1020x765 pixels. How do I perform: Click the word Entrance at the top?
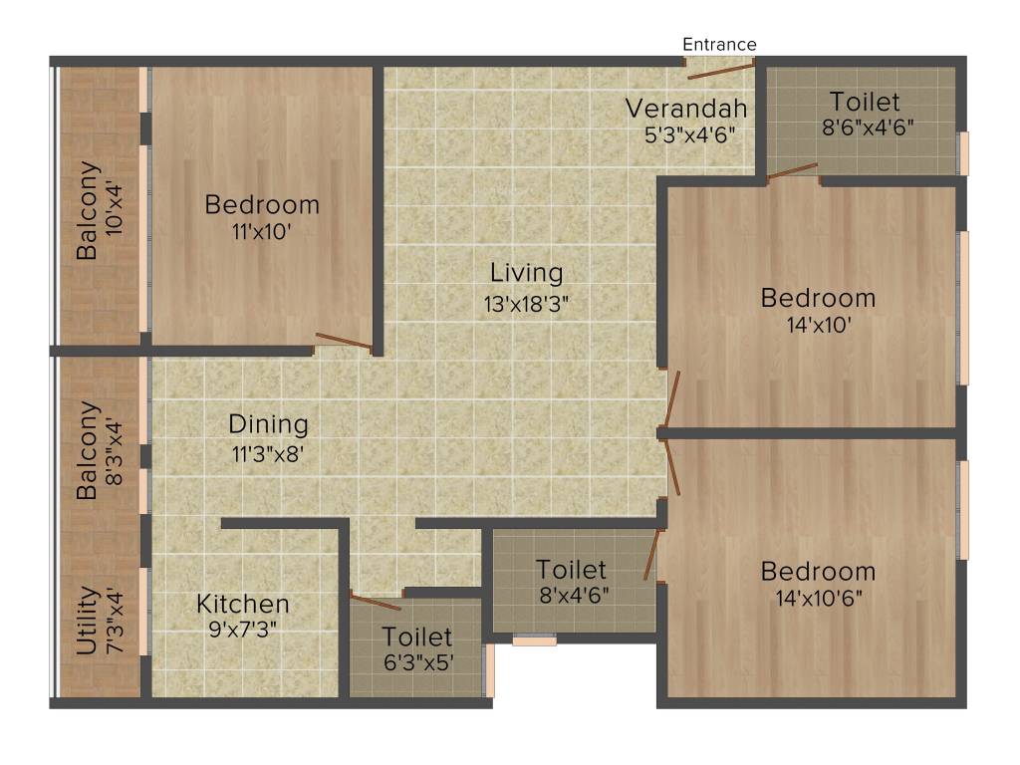point(719,44)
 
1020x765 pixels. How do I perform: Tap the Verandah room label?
point(686,107)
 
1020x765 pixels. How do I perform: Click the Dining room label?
point(269,424)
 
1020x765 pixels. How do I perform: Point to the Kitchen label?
point(243,604)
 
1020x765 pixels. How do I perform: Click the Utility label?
point(88,621)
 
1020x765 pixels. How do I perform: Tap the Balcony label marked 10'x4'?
point(89,210)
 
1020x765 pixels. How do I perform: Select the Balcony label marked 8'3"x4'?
point(89,450)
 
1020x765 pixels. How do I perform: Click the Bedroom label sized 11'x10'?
point(262,205)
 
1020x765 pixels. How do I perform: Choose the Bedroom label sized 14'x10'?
point(818,298)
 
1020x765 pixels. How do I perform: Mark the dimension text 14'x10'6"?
point(818,599)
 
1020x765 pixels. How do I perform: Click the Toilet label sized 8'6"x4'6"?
point(865,101)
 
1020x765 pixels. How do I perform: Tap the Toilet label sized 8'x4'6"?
point(571,569)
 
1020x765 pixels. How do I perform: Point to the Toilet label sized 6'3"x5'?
point(416,636)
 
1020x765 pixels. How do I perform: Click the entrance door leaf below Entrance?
point(721,71)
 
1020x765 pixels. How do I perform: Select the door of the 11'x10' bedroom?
point(343,342)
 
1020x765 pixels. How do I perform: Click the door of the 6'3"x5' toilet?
point(376,602)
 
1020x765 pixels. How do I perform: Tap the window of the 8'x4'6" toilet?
point(535,641)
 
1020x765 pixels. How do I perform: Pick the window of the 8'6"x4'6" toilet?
point(963,152)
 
